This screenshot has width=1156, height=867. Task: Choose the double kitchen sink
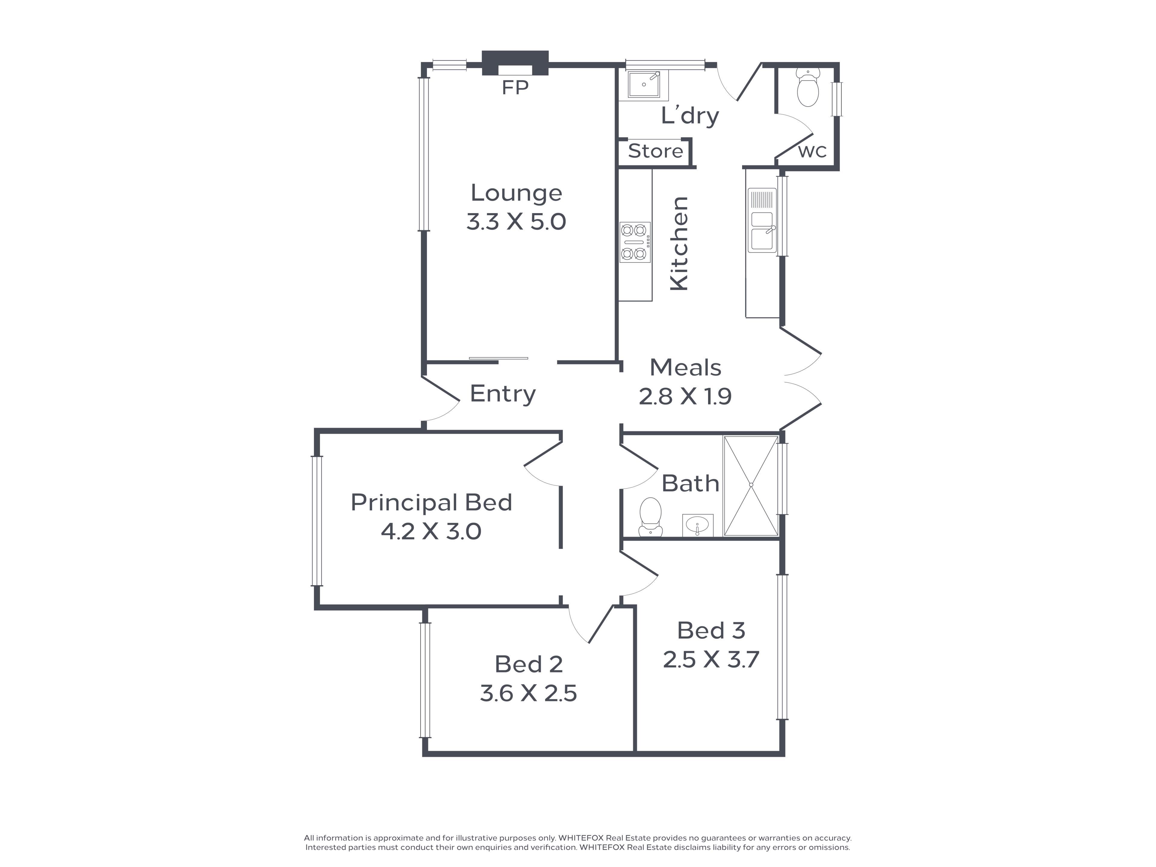pyautogui.click(x=763, y=220)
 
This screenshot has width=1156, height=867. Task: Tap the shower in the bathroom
pyautogui.click(x=751, y=486)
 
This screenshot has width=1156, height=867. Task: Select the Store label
pyautogui.click(x=655, y=151)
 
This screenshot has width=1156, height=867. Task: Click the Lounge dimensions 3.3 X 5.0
pyautogui.click(x=516, y=222)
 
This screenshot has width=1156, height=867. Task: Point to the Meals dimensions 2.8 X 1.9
pyautogui.click(x=685, y=397)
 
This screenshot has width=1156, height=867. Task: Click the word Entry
pyautogui.click(x=503, y=393)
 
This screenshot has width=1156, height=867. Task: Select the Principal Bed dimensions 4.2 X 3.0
pyautogui.click(x=431, y=531)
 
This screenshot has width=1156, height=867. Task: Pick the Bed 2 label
pyautogui.click(x=529, y=664)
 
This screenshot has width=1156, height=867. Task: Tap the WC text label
pyautogui.click(x=813, y=151)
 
